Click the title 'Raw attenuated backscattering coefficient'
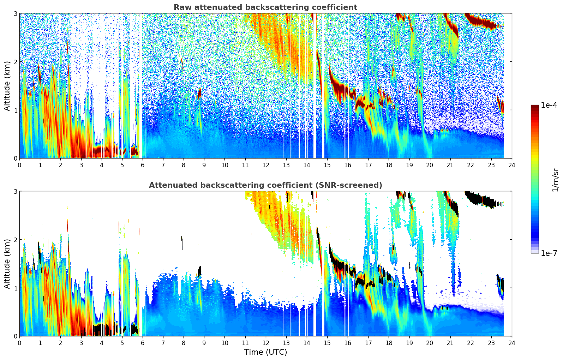click(265, 7)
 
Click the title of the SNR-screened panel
click(265, 185)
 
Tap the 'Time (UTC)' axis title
click(265, 352)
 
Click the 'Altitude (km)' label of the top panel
click(7, 86)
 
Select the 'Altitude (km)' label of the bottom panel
click(7, 264)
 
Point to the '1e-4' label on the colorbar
click(549, 105)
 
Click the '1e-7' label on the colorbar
click(549, 253)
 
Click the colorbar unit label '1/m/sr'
click(555, 180)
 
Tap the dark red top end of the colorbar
click(535, 107)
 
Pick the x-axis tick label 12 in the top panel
click(265, 165)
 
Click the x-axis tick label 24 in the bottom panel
click(512, 343)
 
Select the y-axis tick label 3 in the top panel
click(15, 13)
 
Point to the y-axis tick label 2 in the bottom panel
click(15, 240)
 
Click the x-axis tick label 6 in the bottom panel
click(143, 343)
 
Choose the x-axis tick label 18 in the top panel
click(389, 165)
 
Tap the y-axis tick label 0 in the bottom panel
click(15, 336)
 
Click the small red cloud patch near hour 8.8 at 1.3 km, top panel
click(199, 93)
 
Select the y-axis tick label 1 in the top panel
click(15, 110)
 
